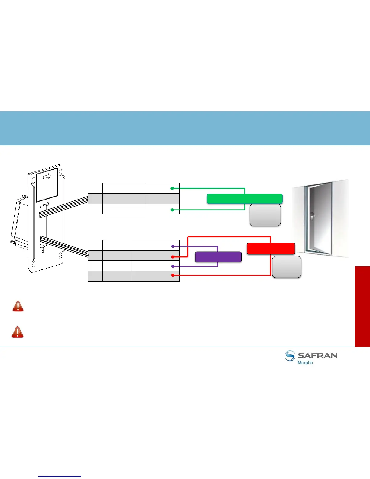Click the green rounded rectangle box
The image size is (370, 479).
click(x=245, y=199)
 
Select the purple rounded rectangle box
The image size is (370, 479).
click(x=218, y=257)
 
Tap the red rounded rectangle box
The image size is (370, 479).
click(x=271, y=248)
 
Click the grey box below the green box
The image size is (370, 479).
click(x=265, y=215)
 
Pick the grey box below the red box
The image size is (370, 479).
click(x=287, y=267)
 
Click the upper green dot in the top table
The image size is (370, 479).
click(x=172, y=188)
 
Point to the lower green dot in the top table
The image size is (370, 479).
click(x=172, y=210)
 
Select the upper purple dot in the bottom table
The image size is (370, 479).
click(x=173, y=246)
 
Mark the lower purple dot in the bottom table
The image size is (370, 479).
click(x=173, y=266)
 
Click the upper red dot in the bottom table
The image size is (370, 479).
click(x=173, y=257)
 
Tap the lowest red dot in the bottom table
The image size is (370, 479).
click(x=173, y=275)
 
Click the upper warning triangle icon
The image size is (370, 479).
click(x=18, y=306)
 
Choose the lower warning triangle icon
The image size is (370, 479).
click(x=18, y=332)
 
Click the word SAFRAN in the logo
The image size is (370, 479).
click(x=317, y=356)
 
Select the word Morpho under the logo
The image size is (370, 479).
click(x=305, y=363)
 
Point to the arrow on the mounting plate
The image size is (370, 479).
click(x=47, y=176)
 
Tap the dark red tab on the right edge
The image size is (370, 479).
click(x=362, y=306)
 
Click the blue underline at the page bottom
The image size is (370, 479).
click(x=60, y=477)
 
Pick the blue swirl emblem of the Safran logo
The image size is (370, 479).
click(x=290, y=356)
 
